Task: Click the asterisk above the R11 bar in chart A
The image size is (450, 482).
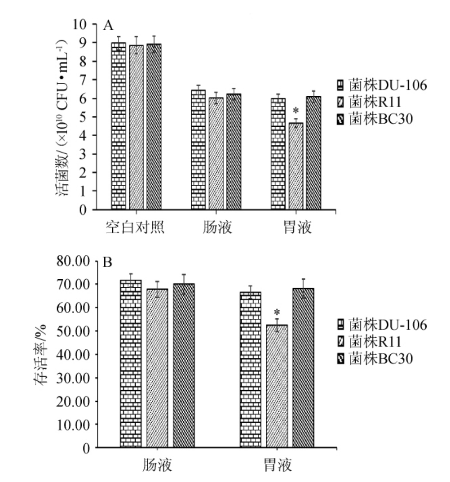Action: pyautogui.click(x=296, y=111)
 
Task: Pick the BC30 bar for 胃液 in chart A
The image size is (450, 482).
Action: pyautogui.click(x=313, y=153)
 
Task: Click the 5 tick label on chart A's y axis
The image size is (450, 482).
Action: pyautogui.click(x=82, y=117)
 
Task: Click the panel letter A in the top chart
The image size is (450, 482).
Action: pyautogui.click(x=108, y=26)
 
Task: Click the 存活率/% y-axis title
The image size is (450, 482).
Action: pyautogui.click(x=40, y=355)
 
